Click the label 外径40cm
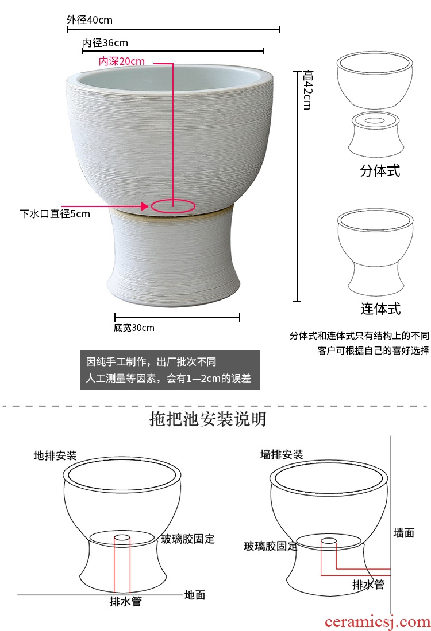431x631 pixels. (x=90, y=20)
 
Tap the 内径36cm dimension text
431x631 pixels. (x=105, y=42)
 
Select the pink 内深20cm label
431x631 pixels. (x=121, y=61)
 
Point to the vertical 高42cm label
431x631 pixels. (x=307, y=89)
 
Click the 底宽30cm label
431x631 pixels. (x=134, y=328)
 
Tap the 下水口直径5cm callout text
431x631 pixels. (x=55, y=214)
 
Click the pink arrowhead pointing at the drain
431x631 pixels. (x=145, y=207)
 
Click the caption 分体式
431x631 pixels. (x=380, y=170)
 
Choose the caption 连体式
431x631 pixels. (x=380, y=309)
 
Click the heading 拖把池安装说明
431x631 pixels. (x=207, y=419)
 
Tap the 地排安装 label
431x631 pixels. (x=55, y=455)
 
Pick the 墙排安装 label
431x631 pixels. (x=282, y=455)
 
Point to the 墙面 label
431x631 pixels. (x=404, y=533)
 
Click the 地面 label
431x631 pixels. (x=195, y=594)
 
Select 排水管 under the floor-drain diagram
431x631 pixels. (x=126, y=601)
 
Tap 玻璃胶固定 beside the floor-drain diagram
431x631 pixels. (x=188, y=539)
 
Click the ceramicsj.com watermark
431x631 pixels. (x=378, y=622)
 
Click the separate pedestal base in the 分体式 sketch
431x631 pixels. (x=376, y=135)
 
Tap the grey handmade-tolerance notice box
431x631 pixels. (x=170, y=370)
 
